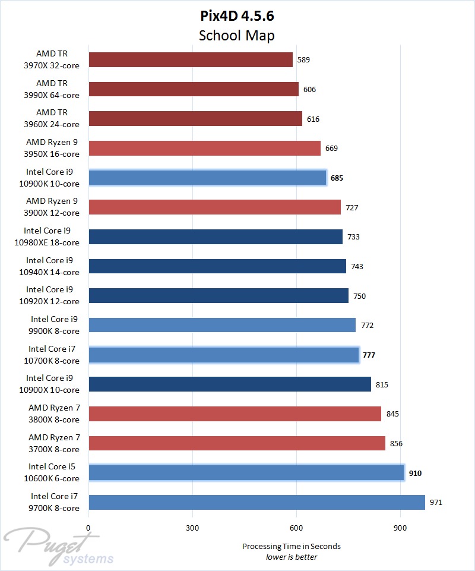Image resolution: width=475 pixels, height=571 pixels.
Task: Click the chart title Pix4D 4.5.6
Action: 237,15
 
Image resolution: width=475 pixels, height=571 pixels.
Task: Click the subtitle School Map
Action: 237,35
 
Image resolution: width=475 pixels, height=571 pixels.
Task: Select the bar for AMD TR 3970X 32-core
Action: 191,60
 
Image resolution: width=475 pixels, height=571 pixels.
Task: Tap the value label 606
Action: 309,90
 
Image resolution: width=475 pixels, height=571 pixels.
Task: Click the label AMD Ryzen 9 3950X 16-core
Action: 52,148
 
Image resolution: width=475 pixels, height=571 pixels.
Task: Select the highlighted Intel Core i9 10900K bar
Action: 207,178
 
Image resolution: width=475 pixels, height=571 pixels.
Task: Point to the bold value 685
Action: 337,178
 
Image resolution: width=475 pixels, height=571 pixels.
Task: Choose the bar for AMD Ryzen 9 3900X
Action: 214,207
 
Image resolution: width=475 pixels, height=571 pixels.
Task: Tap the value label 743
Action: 357,266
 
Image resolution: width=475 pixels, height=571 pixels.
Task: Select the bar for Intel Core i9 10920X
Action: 218,295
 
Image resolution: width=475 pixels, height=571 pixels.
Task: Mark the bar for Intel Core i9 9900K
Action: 222,325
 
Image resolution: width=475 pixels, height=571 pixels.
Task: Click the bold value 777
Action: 369,355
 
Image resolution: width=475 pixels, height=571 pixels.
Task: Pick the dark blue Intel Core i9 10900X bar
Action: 230,384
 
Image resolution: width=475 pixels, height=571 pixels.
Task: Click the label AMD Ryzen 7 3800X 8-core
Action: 54,414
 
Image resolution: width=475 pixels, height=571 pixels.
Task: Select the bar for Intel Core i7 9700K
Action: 256,502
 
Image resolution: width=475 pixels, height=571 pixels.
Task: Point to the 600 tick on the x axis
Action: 296,528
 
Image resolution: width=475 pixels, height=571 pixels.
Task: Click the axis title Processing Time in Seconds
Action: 292,546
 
